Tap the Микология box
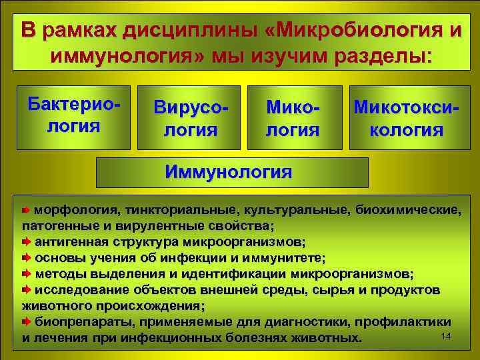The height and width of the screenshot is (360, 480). [x=293, y=118]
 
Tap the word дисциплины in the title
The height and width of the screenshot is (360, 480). [x=183, y=31]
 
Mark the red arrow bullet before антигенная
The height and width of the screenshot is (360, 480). [x=27, y=241]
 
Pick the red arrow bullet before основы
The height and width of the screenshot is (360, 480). [x=27, y=257]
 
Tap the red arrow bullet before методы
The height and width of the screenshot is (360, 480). [x=27, y=274]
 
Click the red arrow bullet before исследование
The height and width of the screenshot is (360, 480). [x=27, y=290]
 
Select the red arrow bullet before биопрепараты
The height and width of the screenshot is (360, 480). [x=27, y=322]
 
